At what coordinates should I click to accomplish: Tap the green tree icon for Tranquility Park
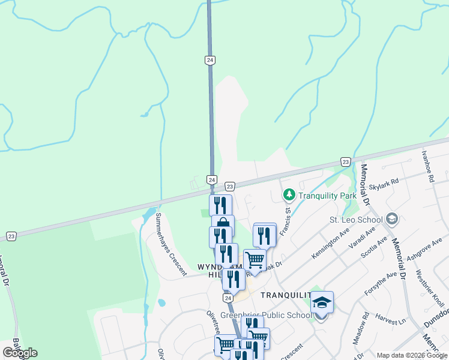pyautogui.click(x=289, y=195)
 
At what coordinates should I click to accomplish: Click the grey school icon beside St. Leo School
pyautogui.click(x=393, y=218)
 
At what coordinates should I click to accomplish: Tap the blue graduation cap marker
pyautogui.click(x=322, y=302)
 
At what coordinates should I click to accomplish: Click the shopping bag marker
pyautogui.click(x=223, y=224)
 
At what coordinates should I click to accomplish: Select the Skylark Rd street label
pyautogui.click(x=384, y=181)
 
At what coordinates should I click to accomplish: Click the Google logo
pyautogui.click(x=20, y=353)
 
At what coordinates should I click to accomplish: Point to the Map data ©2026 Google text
pyautogui.click(x=411, y=355)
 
